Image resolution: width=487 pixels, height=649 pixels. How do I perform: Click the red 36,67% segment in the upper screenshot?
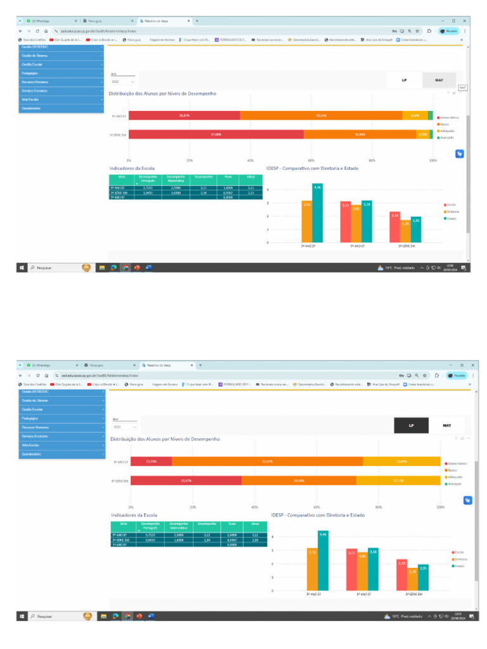tap(184, 115)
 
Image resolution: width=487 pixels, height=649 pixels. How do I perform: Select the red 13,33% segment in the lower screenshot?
tap(151, 461)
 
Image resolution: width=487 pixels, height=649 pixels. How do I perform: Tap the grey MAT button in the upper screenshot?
tap(439, 80)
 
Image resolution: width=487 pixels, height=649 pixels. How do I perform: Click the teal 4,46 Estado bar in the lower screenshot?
tap(323, 560)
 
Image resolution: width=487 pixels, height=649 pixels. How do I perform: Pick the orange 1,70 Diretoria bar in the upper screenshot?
tap(405, 231)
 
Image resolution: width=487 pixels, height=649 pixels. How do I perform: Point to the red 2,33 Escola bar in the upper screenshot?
tap(394, 227)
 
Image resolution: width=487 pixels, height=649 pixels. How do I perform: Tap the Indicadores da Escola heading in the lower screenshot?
tap(134, 515)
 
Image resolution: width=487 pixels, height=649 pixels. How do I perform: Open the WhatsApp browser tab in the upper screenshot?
tap(51, 21)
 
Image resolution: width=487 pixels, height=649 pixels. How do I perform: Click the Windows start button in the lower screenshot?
tap(22, 616)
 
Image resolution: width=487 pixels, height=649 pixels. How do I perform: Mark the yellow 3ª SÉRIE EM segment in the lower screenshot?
tap(398, 481)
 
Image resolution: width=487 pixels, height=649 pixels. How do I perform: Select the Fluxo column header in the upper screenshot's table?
tap(228, 179)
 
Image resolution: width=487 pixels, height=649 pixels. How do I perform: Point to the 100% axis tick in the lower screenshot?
tap(441, 508)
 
